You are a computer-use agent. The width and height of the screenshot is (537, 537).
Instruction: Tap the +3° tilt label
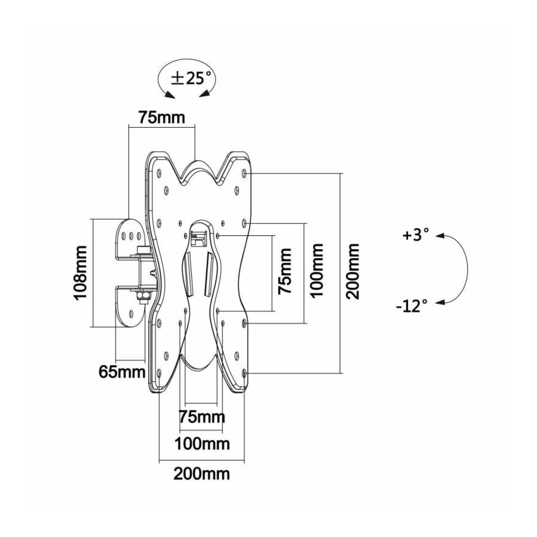415,236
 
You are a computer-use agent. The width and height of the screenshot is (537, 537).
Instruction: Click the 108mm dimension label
79,272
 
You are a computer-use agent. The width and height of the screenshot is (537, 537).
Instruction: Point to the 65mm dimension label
122,372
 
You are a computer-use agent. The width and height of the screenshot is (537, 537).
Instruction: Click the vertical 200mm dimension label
353,271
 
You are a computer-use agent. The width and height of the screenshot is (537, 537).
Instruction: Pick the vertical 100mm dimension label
316,271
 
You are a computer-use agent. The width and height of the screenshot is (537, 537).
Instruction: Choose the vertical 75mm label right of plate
285,271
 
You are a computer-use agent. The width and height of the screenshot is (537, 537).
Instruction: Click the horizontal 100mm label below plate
202,444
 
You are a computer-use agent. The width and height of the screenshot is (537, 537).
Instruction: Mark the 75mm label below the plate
202,417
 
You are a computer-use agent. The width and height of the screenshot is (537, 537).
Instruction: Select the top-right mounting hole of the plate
244,173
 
